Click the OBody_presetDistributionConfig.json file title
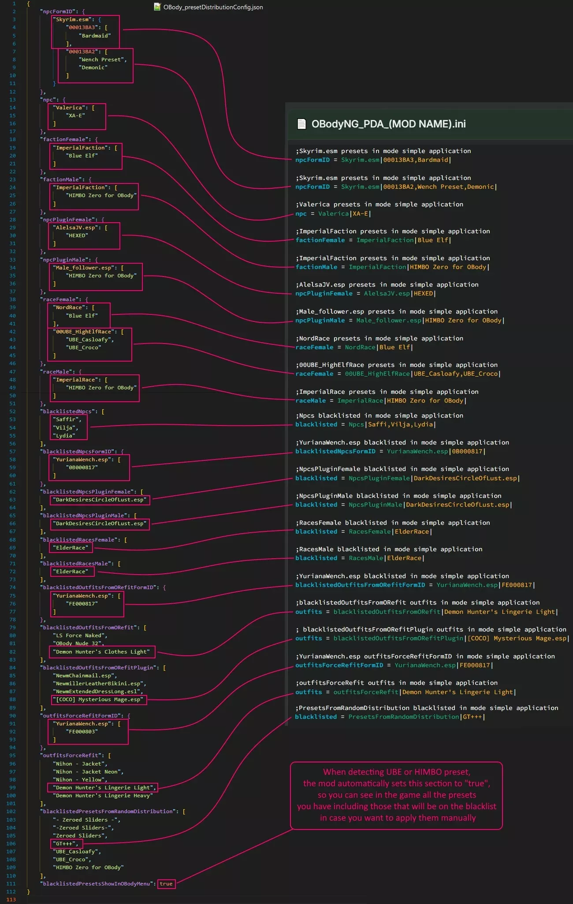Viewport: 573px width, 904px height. click(213, 7)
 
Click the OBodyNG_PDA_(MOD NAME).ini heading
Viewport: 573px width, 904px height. click(388, 124)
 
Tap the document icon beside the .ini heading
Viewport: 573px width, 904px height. click(301, 124)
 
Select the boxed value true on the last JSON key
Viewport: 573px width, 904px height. click(166, 884)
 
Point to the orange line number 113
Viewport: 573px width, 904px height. click(11, 900)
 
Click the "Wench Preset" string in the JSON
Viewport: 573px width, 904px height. click(103, 60)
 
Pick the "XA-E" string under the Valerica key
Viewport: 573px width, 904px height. click(75, 116)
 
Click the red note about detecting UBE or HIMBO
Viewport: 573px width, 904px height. click(396, 795)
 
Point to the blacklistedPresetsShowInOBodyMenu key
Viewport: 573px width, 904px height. click(98, 884)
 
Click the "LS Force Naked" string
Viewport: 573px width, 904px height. click(80, 635)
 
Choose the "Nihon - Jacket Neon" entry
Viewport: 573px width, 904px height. click(88, 772)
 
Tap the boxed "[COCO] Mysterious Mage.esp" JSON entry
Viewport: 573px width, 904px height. click(98, 699)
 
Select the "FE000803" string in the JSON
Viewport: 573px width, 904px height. click(82, 732)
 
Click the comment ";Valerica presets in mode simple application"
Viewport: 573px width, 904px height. click(380, 205)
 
